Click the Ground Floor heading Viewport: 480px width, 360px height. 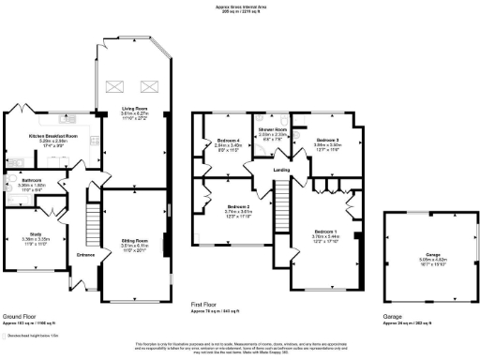click(x=18, y=317)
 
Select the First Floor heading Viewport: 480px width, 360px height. click(x=204, y=305)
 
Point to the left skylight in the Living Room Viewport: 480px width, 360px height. click(x=116, y=87)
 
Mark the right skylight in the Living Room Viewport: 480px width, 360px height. click(x=148, y=87)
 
